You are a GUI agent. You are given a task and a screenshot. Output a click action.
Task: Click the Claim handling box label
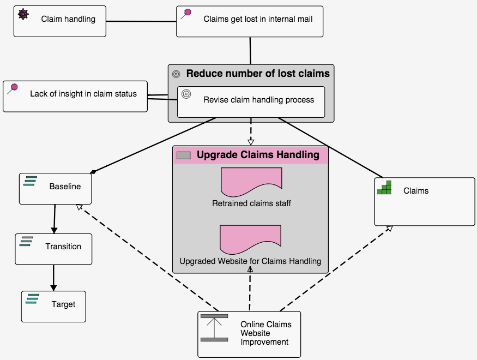coord(68,19)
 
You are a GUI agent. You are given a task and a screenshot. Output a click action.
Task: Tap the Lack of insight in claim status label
coord(83,94)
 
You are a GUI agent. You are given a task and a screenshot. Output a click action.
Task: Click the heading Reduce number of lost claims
coord(258,74)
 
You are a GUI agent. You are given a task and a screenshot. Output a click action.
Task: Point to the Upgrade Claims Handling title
coord(258,155)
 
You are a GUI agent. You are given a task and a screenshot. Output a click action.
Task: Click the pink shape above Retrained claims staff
coord(251,182)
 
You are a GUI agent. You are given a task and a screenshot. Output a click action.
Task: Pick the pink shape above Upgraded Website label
coord(250,239)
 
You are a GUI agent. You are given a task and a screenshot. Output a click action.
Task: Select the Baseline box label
coord(65,187)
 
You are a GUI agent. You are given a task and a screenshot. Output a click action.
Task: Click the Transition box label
coord(63,247)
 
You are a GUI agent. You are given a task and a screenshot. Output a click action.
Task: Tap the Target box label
coord(63,304)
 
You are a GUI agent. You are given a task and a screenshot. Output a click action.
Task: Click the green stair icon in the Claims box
coord(385,187)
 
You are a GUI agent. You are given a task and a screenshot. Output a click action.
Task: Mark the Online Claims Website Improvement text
coord(265,333)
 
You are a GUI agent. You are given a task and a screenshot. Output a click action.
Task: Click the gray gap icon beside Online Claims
coord(214,328)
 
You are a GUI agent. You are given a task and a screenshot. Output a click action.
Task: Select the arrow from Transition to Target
coord(53,278)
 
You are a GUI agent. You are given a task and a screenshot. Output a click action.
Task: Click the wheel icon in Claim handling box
coord(23,14)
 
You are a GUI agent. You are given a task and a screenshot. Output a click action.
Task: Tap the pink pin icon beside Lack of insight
coord(13,88)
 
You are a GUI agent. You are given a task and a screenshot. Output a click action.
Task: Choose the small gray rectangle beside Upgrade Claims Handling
coord(184,155)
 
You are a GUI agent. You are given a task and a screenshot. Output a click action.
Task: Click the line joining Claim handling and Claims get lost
coord(141,21)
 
